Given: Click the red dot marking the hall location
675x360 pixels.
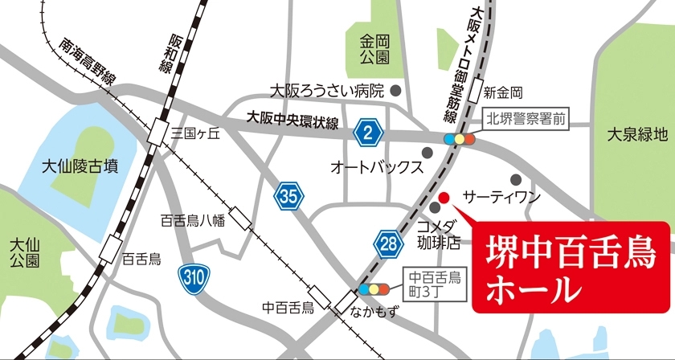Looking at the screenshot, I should pyautogui.click(x=443, y=196).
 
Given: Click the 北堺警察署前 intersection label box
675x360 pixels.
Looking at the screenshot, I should pyautogui.click(x=526, y=121).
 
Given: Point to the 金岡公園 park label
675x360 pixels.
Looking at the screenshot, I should pyautogui.click(x=374, y=48).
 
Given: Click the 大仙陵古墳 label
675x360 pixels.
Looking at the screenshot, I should pyautogui.click(x=80, y=166).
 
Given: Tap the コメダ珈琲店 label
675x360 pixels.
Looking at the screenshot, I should pyautogui.click(x=440, y=231).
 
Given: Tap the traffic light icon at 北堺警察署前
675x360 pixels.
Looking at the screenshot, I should pyautogui.click(x=460, y=138).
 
